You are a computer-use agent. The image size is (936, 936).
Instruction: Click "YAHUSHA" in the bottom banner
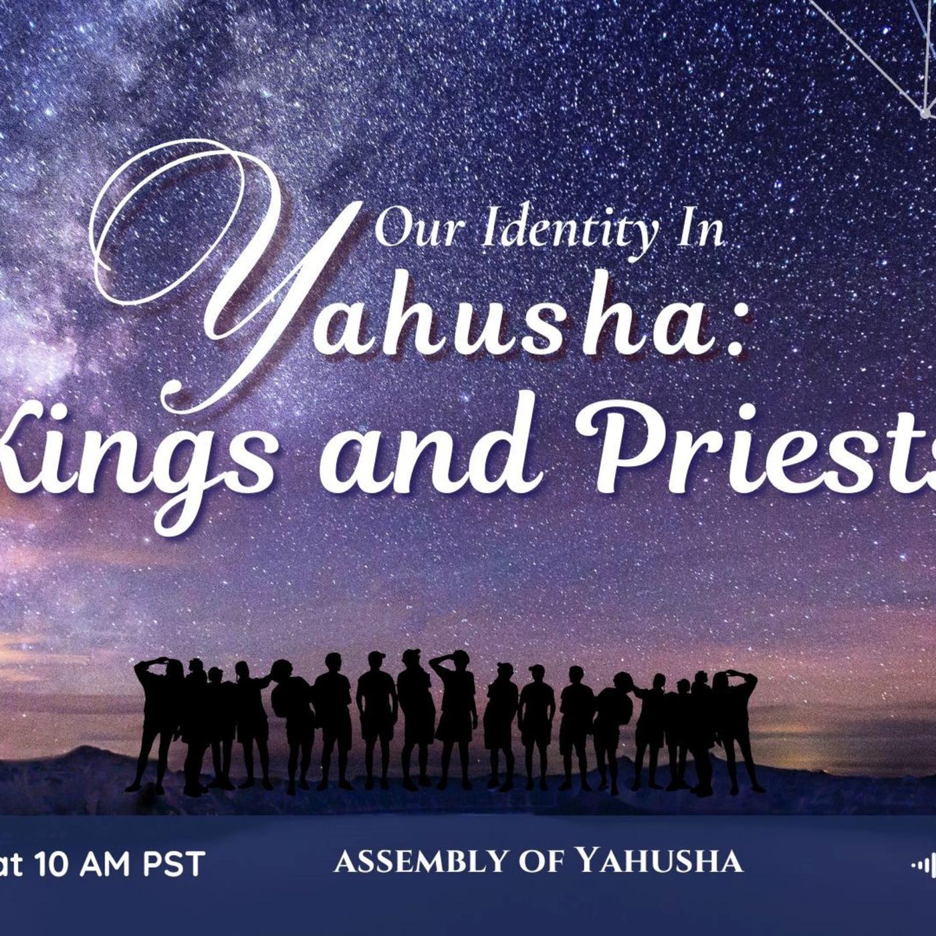pos(660,860)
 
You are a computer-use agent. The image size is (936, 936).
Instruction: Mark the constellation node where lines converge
pos(925,114)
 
